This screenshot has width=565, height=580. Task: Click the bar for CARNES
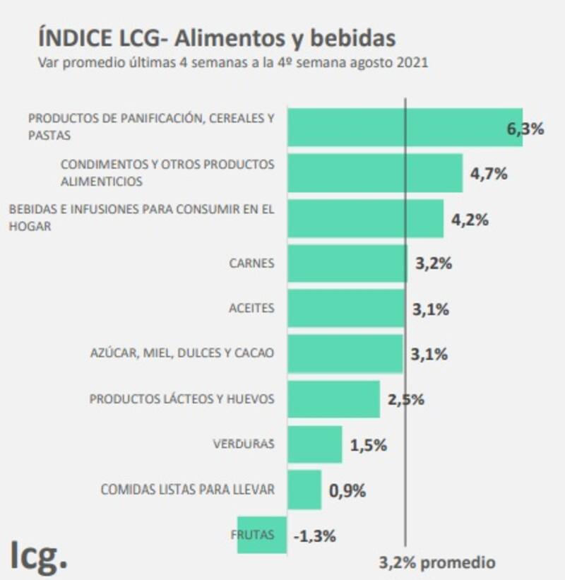pyautogui.click(x=347, y=264)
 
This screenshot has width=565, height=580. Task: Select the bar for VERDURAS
pyautogui.click(x=314, y=444)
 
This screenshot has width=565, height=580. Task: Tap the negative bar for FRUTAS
pyautogui.click(x=261, y=535)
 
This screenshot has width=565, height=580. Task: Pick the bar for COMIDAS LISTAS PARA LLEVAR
pyautogui.click(x=304, y=490)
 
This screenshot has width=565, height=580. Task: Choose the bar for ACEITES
pyautogui.click(x=346, y=309)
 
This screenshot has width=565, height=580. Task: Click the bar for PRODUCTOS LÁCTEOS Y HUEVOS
pyautogui.click(x=333, y=399)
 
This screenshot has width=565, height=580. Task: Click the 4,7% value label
pyautogui.click(x=489, y=173)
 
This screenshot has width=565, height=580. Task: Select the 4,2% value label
pyautogui.click(x=470, y=219)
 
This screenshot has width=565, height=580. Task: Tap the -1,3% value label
pyautogui.click(x=314, y=535)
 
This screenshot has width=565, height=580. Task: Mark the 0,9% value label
pyautogui.click(x=347, y=490)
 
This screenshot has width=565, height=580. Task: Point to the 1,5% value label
pyautogui.click(x=367, y=445)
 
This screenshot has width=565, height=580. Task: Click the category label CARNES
pyautogui.click(x=251, y=264)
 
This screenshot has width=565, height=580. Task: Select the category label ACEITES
pyautogui.click(x=251, y=309)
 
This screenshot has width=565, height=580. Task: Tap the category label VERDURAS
pyautogui.click(x=243, y=444)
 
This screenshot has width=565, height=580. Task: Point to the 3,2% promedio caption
pyautogui.click(x=436, y=563)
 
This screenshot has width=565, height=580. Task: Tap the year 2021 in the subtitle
pyautogui.click(x=411, y=62)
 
